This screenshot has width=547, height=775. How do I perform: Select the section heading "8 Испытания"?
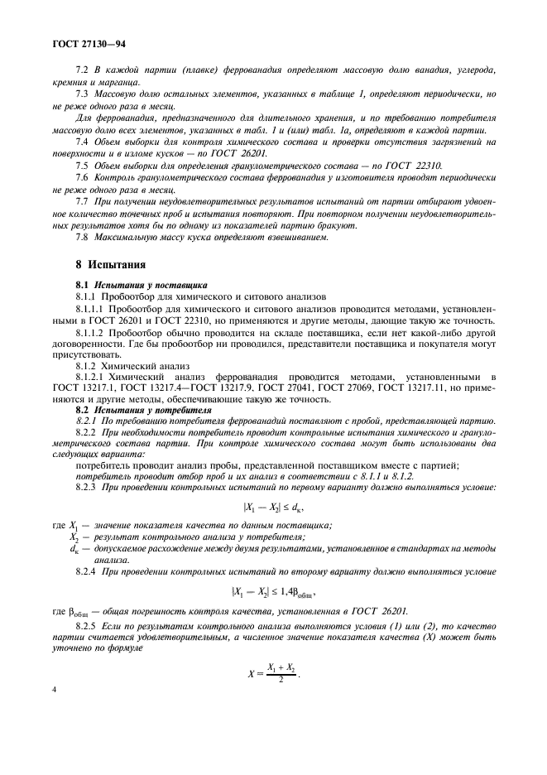pos(111,266)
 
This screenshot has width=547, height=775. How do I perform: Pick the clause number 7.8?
pos(82,237)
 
